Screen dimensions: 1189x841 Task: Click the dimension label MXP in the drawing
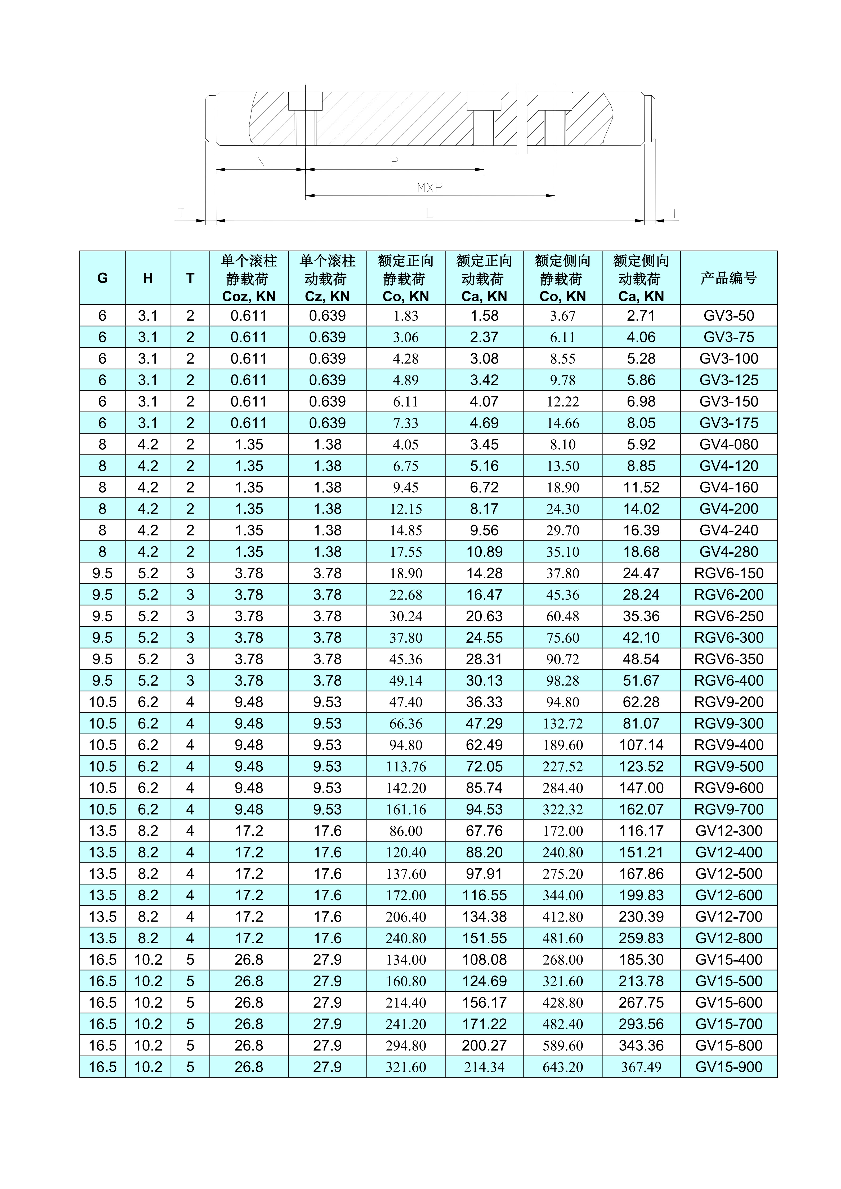click(430, 187)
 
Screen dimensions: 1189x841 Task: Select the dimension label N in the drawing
click(261, 162)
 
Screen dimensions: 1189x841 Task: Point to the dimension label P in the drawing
click(395, 162)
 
